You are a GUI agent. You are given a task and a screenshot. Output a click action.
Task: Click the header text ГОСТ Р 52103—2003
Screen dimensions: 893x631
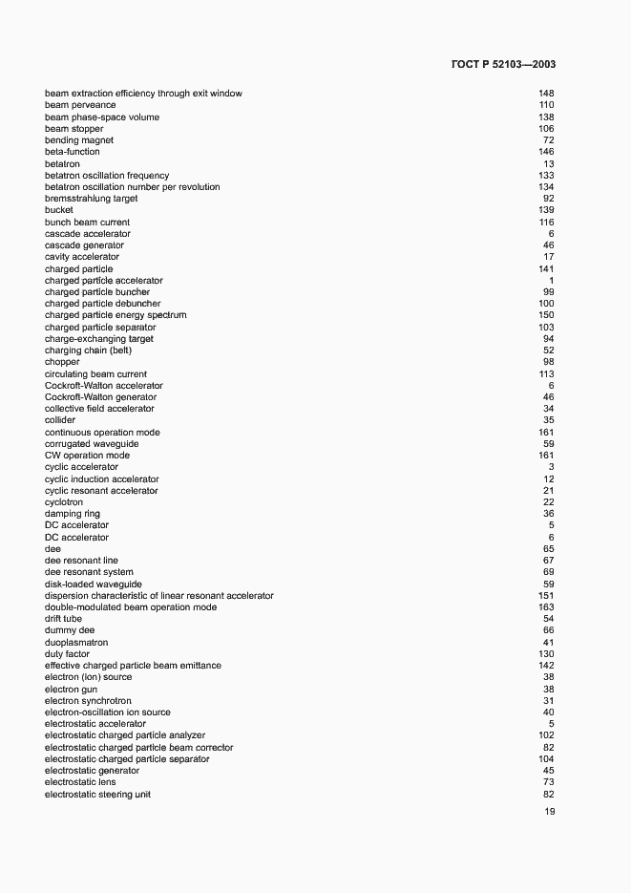502,64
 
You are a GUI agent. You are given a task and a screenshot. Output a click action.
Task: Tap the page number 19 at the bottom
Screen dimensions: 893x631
549,812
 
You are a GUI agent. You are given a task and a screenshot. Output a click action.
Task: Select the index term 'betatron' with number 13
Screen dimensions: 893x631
62,164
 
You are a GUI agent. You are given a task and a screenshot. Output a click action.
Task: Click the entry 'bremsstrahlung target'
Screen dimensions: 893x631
91,199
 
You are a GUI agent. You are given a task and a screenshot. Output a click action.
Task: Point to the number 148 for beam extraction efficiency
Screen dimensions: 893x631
546,94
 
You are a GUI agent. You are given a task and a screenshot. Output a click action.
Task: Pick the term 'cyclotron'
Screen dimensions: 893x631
64,502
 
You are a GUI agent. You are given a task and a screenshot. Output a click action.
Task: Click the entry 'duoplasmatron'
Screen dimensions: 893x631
73,643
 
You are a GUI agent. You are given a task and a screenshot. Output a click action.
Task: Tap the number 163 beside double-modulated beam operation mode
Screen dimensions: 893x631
546,607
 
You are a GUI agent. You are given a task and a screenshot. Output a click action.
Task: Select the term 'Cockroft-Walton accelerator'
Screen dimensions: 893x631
103,386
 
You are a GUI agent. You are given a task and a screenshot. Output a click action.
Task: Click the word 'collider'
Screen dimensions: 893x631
60,420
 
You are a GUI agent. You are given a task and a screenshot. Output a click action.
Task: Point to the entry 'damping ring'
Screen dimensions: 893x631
72,514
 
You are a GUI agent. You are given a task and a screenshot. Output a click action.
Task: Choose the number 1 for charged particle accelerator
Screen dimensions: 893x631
551,281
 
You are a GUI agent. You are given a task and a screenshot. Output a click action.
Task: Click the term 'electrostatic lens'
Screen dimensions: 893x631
80,782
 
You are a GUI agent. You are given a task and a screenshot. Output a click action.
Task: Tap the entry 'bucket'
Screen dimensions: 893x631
59,210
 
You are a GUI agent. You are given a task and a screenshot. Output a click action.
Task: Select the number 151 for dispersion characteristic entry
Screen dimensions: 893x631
546,596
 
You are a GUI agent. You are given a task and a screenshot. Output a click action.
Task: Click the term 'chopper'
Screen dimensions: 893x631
62,362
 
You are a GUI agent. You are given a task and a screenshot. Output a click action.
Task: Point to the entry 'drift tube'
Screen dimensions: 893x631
63,619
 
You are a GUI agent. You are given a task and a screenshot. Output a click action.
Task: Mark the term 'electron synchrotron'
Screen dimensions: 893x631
88,701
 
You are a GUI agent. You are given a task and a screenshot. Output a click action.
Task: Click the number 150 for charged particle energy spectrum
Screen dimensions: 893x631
546,315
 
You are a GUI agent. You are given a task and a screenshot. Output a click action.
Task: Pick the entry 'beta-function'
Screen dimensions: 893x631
72,152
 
